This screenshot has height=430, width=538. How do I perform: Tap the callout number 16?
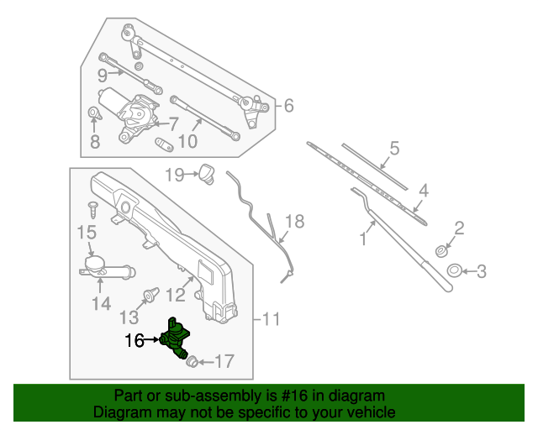[134, 340]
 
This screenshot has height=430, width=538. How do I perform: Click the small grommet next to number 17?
[191, 361]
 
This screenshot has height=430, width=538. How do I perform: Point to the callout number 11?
[270, 319]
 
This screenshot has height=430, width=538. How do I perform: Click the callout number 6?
[287, 106]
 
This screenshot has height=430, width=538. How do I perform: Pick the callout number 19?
[174, 175]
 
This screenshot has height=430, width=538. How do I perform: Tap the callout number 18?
[293, 222]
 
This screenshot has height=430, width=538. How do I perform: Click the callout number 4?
[424, 191]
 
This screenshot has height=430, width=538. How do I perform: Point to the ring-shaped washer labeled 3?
[452, 270]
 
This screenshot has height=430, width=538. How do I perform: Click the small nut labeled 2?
[440, 250]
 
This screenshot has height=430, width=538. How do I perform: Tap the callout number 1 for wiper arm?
[364, 239]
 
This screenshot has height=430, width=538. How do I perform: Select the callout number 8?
[94, 142]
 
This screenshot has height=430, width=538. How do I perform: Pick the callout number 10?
[187, 141]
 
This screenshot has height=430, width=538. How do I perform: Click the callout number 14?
[101, 303]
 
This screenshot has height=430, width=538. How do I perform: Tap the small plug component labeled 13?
[152, 295]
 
